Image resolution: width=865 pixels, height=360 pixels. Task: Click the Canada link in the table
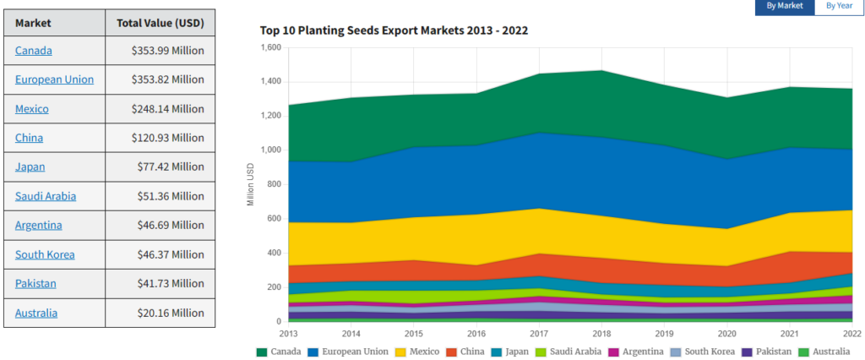[34, 51]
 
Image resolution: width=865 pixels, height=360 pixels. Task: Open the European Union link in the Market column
[54, 79]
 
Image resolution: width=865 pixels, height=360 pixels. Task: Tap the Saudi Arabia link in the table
[46, 196]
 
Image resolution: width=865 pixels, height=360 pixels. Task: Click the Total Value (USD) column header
[160, 22]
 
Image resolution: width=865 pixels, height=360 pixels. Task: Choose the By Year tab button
[839, 7]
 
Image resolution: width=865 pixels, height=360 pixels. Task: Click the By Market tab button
[785, 7]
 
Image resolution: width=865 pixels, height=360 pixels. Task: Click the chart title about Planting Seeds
[394, 30]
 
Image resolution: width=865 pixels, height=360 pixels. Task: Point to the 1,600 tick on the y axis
[269, 47]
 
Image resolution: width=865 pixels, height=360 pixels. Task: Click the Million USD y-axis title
[250, 184]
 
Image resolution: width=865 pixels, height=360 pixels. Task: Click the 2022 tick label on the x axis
[851, 333]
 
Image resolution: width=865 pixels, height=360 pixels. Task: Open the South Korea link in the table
[45, 254]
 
